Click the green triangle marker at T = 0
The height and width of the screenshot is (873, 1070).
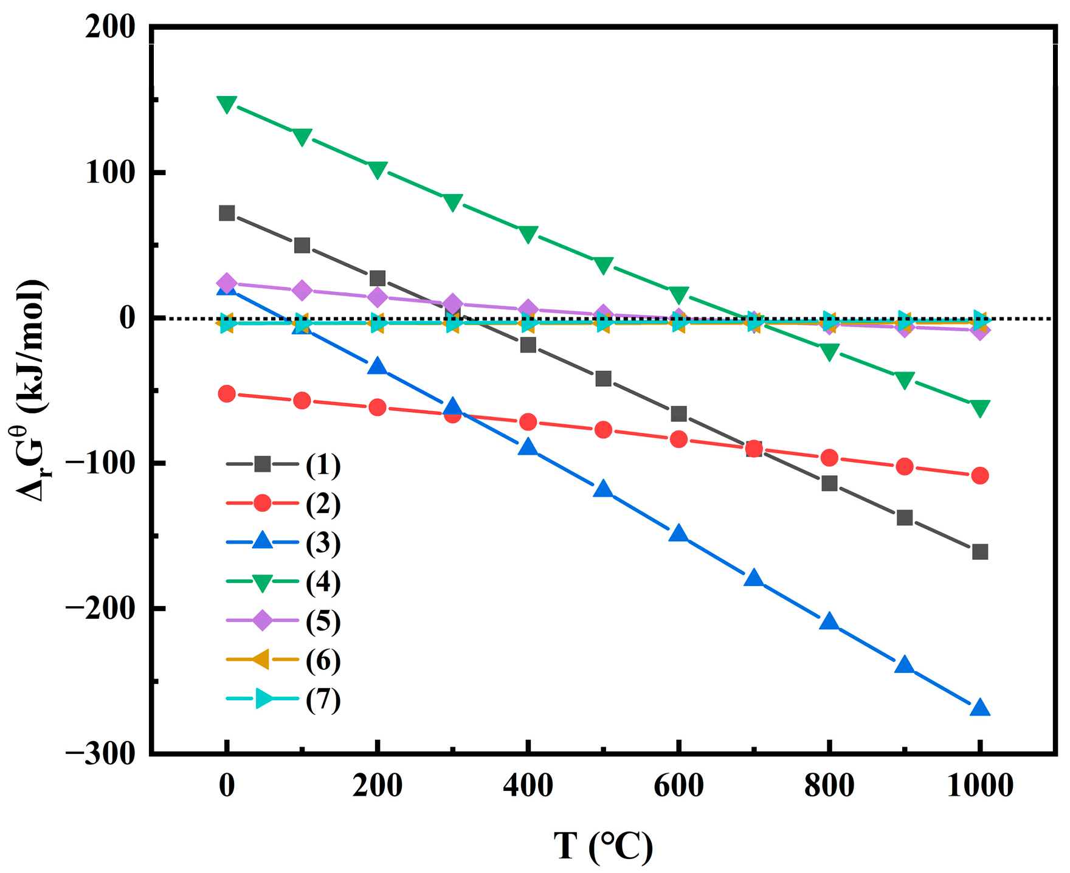click(x=227, y=104)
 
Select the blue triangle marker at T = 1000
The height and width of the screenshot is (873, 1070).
click(x=979, y=708)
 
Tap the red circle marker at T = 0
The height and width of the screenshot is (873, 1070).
click(x=227, y=394)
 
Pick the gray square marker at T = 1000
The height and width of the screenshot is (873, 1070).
click(x=979, y=552)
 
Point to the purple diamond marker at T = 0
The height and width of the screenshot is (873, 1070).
click(x=227, y=283)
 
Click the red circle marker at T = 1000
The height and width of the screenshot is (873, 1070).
click(x=979, y=475)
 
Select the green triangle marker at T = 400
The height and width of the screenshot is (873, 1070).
click(x=528, y=234)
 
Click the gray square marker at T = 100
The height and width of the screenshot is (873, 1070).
click(x=302, y=246)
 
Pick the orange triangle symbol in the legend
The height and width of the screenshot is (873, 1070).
click(x=262, y=660)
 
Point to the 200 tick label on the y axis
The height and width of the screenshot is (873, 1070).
click(x=110, y=27)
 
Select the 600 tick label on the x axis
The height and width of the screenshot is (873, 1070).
click(x=678, y=786)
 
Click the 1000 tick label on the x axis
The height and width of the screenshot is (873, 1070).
click(x=979, y=786)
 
